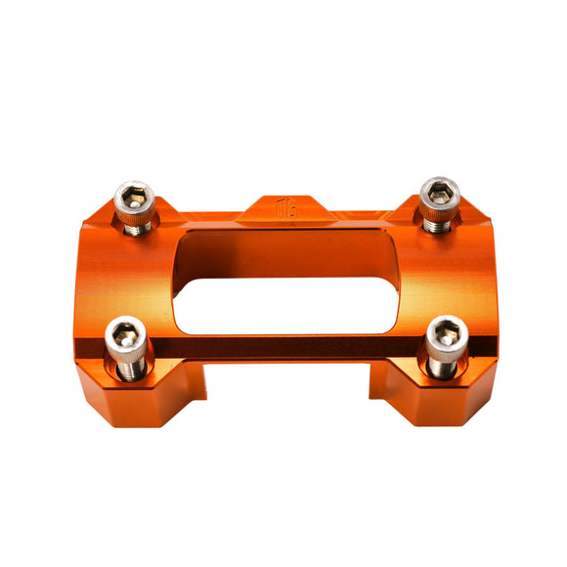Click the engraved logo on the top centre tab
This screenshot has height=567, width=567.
point(286,208)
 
